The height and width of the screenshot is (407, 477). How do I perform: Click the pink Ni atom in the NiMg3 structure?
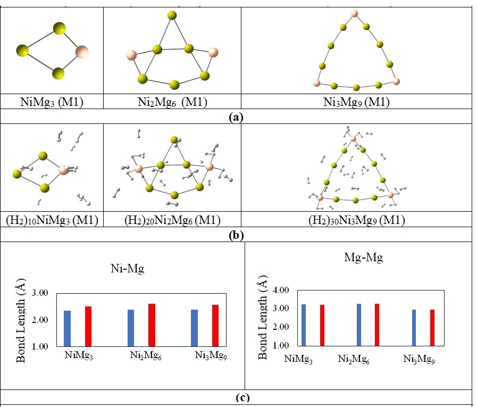[x=81, y=52]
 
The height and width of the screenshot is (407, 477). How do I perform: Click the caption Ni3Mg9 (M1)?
[x=357, y=102]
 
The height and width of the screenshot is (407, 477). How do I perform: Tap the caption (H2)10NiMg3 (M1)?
[x=52, y=220]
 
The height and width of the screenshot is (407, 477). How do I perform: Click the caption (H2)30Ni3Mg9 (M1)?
[x=356, y=220]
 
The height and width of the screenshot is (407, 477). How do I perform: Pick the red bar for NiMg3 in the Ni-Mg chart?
[x=88, y=326]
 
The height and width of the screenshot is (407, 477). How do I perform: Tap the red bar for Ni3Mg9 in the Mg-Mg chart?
[x=432, y=327]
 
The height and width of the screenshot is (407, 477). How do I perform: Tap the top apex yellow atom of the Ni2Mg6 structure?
[x=172, y=15]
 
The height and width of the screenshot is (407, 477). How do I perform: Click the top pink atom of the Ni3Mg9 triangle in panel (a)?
[x=354, y=13]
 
